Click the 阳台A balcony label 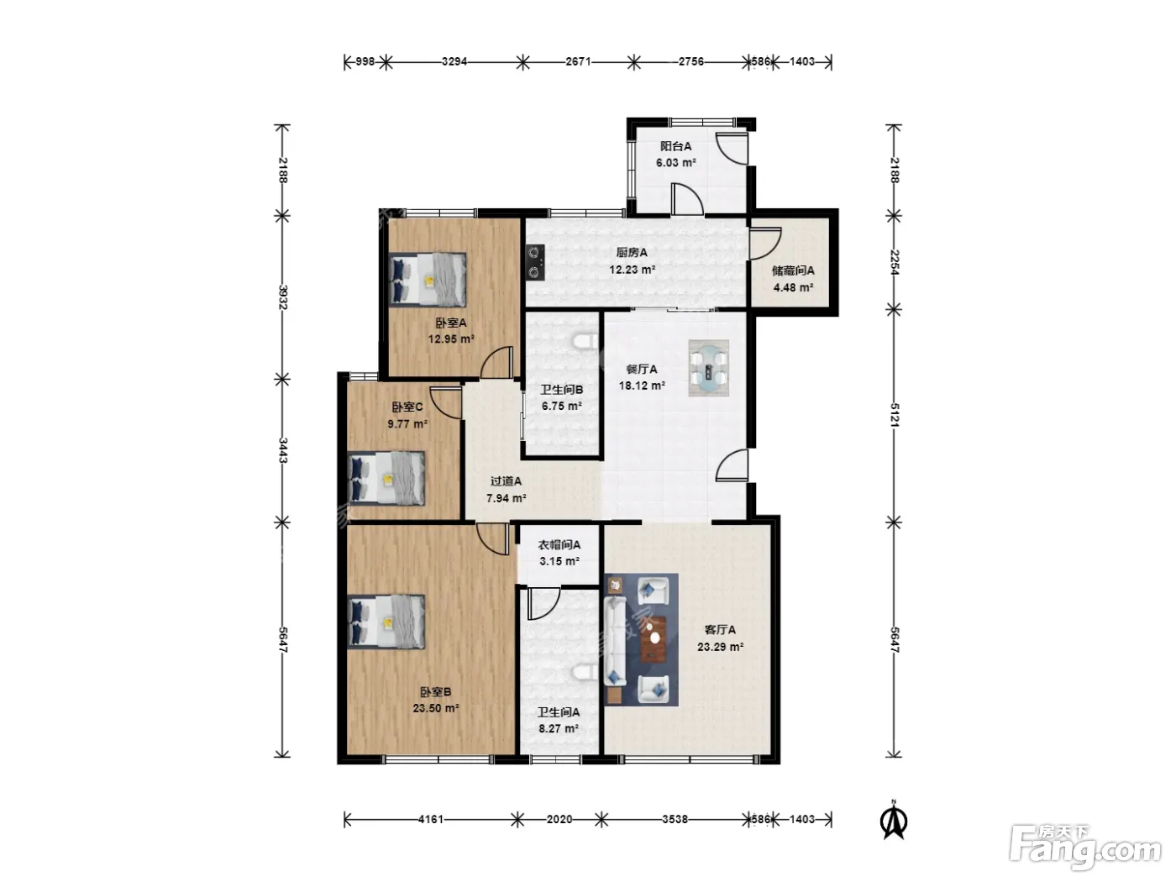(675, 146)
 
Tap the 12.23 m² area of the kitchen (632, 270)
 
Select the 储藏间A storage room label (792, 271)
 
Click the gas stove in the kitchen (535, 262)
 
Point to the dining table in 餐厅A (708, 368)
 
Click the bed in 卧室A (428, 280)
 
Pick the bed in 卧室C (386, 478)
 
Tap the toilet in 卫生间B (585, 341)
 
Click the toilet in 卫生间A (585, 671)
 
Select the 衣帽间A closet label (559, 544)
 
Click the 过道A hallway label (506, 480)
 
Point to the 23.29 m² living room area (720, 646)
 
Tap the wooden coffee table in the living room (654, 639)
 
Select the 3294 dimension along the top (454, 61)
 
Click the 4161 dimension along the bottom (430, 819)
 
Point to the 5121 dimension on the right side (894, 414)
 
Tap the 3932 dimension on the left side (283, 297)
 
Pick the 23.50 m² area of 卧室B (436, 708)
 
